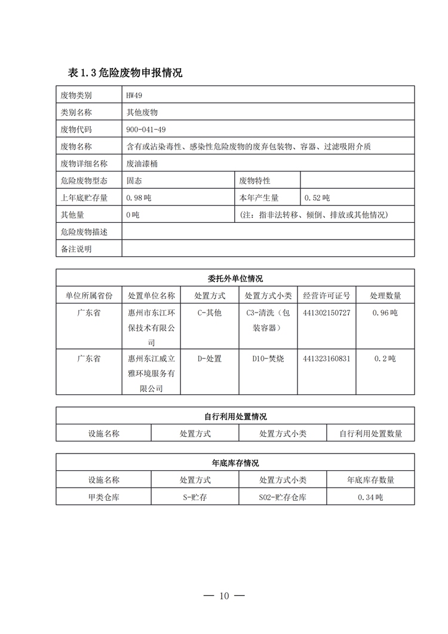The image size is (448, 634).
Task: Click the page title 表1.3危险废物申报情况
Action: tap(125, 73)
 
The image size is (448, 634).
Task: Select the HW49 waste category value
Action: tap(134, 95)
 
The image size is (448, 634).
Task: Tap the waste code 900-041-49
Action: tap(146, 129)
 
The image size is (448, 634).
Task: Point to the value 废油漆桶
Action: tap(142, 163)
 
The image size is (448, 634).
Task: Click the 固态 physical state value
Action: tap(134, 180)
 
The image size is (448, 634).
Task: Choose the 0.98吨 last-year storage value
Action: tap(139, 198)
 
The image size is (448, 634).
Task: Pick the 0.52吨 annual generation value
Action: tap(317, 198)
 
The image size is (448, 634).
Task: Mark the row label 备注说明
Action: tap(76, 249)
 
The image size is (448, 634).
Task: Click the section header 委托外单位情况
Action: tap(235, 278)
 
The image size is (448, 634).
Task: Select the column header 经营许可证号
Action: tap(326, 295)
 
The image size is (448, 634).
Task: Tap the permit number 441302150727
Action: tap(327, 313)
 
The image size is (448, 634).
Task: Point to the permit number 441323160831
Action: tap(327, 359)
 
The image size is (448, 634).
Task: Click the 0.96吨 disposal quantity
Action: tap(385, 313)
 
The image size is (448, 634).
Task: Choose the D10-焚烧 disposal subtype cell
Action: tap(268, 359)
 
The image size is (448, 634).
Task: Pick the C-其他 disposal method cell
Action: tap(209, 313)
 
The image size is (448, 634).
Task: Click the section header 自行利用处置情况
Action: tap(235, 416)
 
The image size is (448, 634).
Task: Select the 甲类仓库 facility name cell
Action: tap(103, 497)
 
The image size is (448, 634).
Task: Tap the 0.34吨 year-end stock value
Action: tap(370, 497)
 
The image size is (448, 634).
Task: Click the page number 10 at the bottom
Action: tap(224, 596)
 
